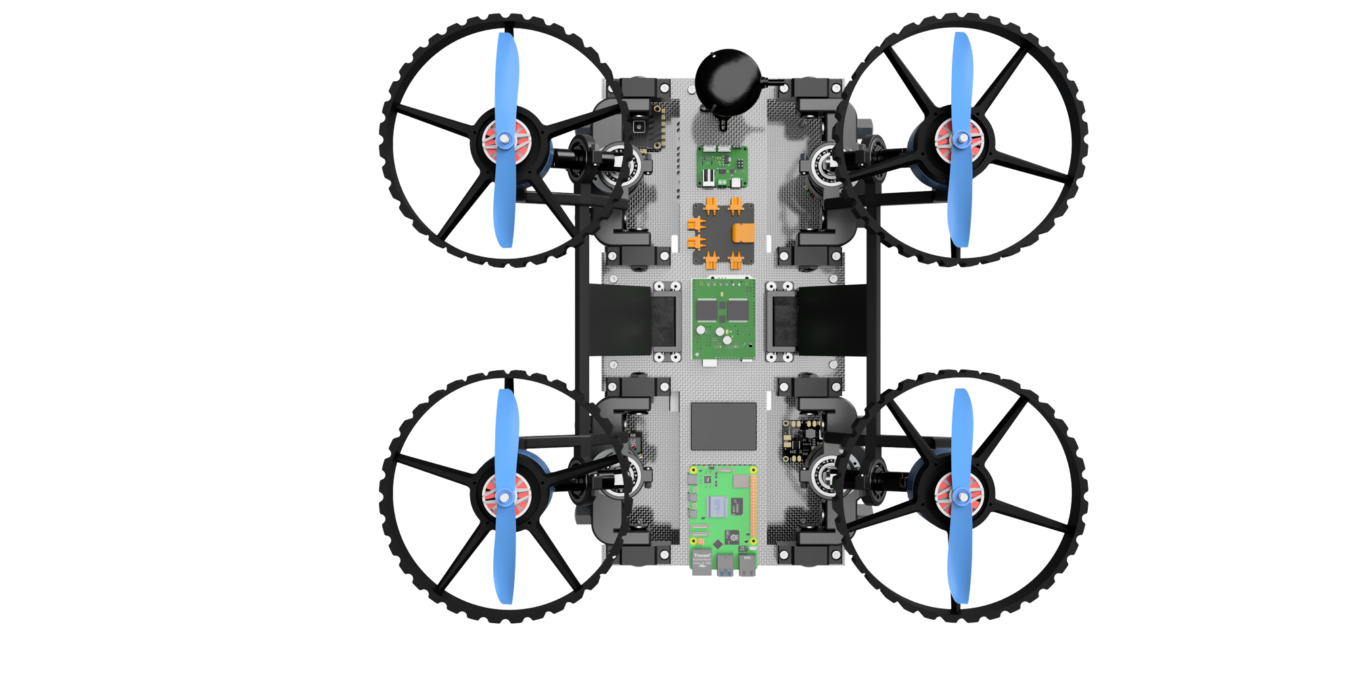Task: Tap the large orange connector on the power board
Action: (743, 232)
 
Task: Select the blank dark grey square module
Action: (723, 426)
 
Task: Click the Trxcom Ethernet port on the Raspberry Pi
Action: (702, 562)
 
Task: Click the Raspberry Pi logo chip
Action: (732, 537)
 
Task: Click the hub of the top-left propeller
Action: (503, 140)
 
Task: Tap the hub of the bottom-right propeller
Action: (961, 496)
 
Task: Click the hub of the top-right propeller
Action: (961, 140)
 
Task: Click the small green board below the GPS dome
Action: (723, 166)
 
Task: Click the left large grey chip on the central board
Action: (706, 311)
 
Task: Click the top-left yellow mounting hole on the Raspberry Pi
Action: (693, 470)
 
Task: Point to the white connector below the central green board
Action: (710, 363)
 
